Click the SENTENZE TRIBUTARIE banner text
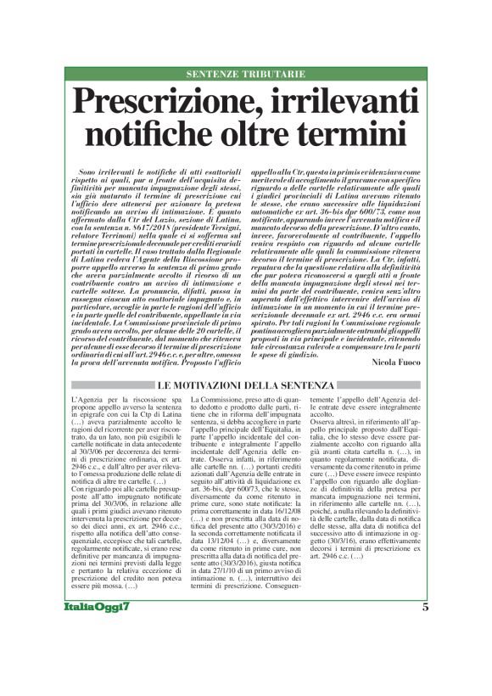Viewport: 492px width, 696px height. click(245, 75)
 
